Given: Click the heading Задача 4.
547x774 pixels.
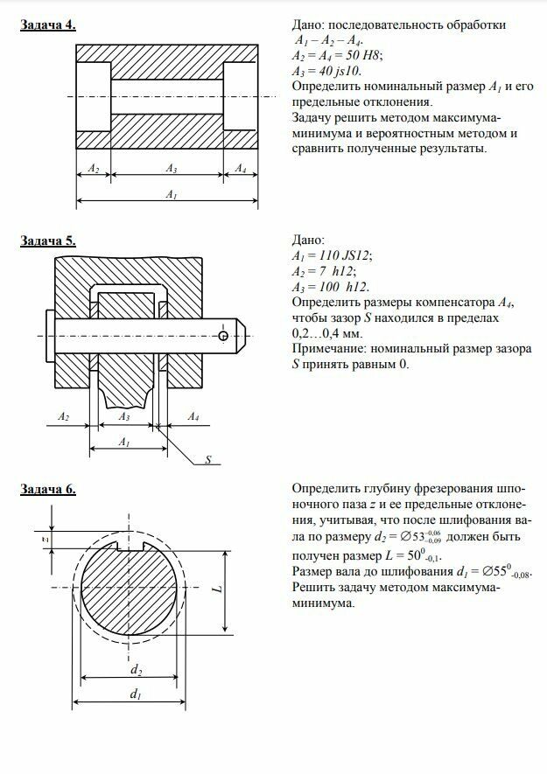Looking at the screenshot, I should (47, 24).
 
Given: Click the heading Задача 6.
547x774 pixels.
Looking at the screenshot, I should (47, 491).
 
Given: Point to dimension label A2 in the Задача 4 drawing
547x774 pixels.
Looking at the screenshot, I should (94, 167).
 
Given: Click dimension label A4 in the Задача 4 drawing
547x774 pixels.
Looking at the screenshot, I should (241, 167).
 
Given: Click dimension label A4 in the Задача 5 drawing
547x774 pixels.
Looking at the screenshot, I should (193, 417).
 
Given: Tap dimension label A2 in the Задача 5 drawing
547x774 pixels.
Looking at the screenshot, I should (64, 417).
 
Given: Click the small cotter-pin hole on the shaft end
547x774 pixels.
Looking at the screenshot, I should (225, 336).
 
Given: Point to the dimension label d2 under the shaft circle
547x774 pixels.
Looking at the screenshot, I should (136, 669).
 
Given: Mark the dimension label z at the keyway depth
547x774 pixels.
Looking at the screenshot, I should (45, 540).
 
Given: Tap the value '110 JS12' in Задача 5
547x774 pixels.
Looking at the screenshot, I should (344, 255).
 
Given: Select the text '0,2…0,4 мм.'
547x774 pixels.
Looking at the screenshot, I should (325, 334).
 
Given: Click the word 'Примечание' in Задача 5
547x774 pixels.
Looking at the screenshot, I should (324, 350).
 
